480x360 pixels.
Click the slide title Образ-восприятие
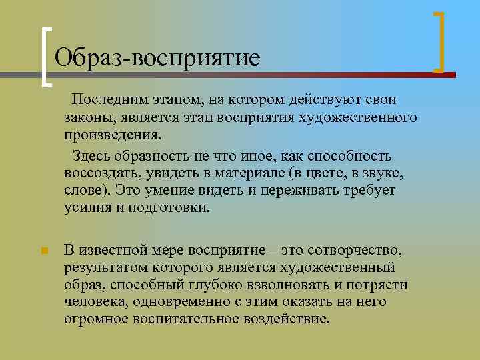coord(157,57)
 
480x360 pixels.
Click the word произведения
coord(112,135)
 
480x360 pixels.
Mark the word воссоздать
coord(101,173)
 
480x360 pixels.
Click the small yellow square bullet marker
coord(43,251)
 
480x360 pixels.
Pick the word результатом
coord(104,267)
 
